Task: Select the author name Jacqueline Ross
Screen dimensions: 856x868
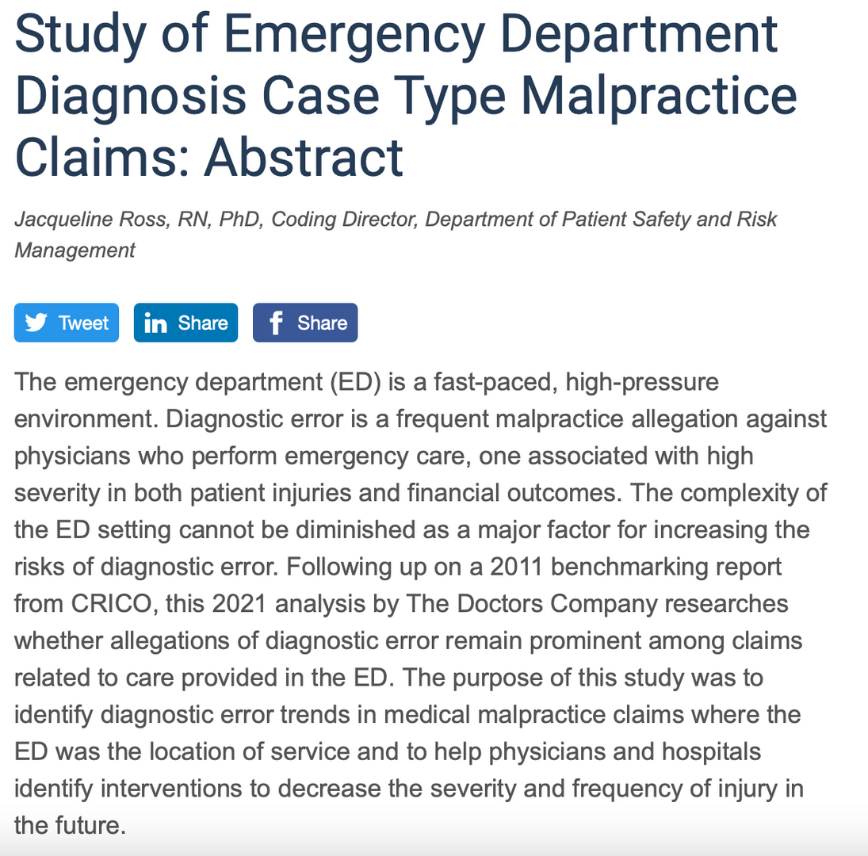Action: click(x=89, y=219)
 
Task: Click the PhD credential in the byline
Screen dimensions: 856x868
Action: click(x=240, y=219)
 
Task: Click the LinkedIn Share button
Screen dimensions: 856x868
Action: click(x=185, y=323)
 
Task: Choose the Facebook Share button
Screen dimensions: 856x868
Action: click(x=305, y=323)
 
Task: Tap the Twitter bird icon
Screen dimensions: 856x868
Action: click(x=36, y=323)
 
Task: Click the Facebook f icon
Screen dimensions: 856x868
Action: click(x=275, y=323)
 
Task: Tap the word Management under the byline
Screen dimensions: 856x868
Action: click(x=75, y=250)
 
